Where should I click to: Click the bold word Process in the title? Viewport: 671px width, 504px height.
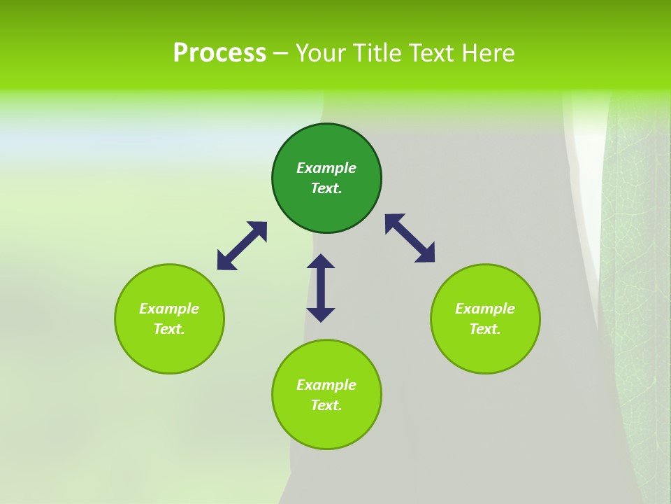pos(219,53)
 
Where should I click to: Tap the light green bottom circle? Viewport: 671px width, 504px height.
pos(326,427)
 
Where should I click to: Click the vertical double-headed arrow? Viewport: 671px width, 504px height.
pos(321,288)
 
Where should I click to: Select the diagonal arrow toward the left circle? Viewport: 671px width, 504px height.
pos(242,246)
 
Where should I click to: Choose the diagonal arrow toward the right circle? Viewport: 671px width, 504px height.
pos(410,238)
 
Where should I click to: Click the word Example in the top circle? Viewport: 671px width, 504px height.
pos(326,168)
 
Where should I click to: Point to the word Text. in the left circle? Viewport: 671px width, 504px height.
pos(169,329)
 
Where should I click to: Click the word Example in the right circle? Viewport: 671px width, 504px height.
pos(485,309)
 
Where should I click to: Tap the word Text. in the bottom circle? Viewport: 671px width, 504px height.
pos(326,405)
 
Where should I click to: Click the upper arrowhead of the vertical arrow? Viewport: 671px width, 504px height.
pos(321,262)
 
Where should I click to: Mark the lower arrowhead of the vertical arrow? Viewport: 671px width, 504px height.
pos(321,314)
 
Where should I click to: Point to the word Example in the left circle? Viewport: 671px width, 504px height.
pos(169,309)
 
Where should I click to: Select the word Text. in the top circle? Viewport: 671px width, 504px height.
pos(326,188)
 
